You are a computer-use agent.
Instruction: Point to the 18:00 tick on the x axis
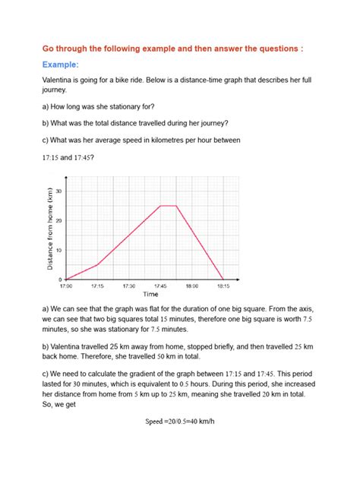pyautogui.click(x=191, y=286)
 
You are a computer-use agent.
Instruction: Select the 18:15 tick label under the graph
pyautogui.click(x=223, y=286)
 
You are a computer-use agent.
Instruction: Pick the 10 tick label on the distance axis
pyautogui.click(x=59, y=250)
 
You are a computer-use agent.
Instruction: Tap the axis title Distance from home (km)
pyautogui.click(x=50, y=229)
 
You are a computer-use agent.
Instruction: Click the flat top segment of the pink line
pyautogui.click(x=168, y=206)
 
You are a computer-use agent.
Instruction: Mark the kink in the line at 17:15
pyautogui.click(x=97, y=264)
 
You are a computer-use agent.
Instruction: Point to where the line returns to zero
pyautogui.click(x=223, y=279)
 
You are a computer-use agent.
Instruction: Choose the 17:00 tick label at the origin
pyautogui.click(x=66, y=286)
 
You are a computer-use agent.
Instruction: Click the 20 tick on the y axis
pyautogui.click(x=59, y=220)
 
